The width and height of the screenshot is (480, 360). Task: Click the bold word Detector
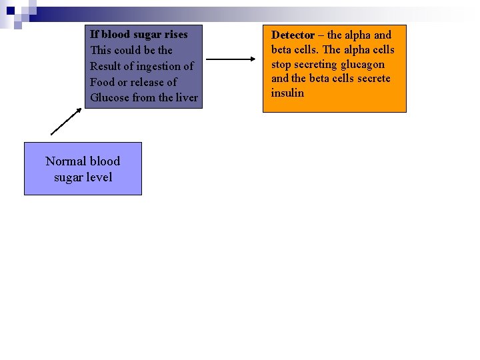(x=293, y=35)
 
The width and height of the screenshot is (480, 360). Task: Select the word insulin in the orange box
(x=287, y=93)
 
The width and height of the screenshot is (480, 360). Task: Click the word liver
(x=187, y=98)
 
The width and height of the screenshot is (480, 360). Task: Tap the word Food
(x=103, y=82)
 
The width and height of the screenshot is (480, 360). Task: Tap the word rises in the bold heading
(x=175, y=34)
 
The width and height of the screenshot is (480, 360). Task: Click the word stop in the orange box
(x=281, y=64)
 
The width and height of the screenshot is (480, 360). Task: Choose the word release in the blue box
(x=147, y=82)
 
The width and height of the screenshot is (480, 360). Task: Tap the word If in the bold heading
(x=94, y=34)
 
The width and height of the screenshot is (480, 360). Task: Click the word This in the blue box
(x=102, y=50)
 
